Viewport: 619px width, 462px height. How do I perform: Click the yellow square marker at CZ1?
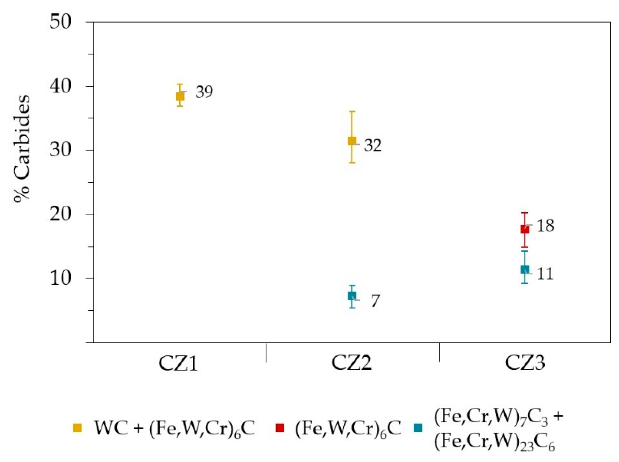(180, 96)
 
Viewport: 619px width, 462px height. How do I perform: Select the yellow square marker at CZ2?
(352, 141)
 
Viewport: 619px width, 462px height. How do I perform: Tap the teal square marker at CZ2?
(352, 296)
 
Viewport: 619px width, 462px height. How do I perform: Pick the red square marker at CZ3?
(525, 229)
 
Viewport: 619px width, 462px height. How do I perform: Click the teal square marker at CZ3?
(525, 269)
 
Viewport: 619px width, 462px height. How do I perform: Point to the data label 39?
(204, 92)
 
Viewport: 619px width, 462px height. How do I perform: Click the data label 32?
(373, 145)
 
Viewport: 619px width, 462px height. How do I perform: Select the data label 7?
(375, 301)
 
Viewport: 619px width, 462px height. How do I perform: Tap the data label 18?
(545, 226)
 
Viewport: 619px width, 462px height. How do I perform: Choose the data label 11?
(545, 274)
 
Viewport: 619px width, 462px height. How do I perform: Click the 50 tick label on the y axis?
(60, 22)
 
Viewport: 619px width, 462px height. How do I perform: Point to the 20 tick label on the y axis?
(60, 214)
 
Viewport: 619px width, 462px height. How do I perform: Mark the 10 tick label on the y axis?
(60, 278)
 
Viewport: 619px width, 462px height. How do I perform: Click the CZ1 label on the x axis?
(178, 363)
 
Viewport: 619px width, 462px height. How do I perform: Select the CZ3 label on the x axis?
(525, 363)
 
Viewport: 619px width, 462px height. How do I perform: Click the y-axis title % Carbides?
(22, 148)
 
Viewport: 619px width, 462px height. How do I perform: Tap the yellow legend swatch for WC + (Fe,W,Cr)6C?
(78, 428)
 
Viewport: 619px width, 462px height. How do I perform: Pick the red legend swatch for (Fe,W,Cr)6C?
(280, 428)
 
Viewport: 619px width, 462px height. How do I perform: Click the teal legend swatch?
(418, 428)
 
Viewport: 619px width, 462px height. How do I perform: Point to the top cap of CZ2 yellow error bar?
(352, 112)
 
